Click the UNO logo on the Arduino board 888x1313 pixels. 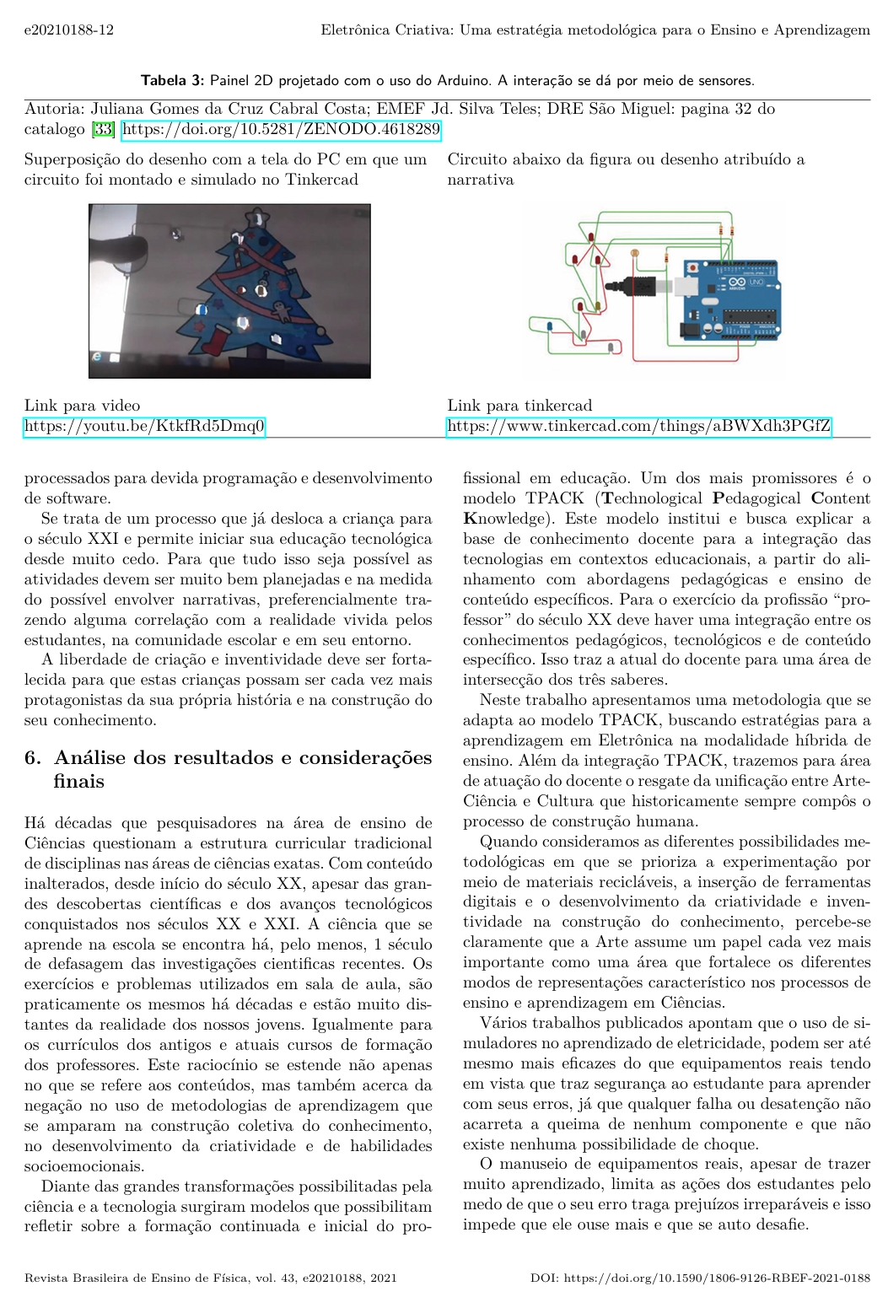pyautogui.click(x=755, y=282)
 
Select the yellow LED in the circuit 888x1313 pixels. pyautogui.click(x=635, y=253)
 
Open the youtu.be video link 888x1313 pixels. pyautogui.click(x=144, y=426)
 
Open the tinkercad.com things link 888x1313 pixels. pyautogui.click(x=638, y=426)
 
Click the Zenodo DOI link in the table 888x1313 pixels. pyautogui.click(x=281, y=129)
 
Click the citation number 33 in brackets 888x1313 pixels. pyautogui.click(x=103, y=129)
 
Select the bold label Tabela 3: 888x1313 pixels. pyautogui.click(x=172, y=81)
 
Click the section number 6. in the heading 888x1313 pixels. pyautogui.click(x=33, y=757)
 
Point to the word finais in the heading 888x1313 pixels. pyautogui.click(x=79, y=781)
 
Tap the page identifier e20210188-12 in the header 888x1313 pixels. pyautogui.click(x=69, y=30)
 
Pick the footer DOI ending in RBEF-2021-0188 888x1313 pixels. pyautogui.click(x=700, y=1278)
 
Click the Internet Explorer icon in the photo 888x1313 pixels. pyautogui.click(x=97, y=358)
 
